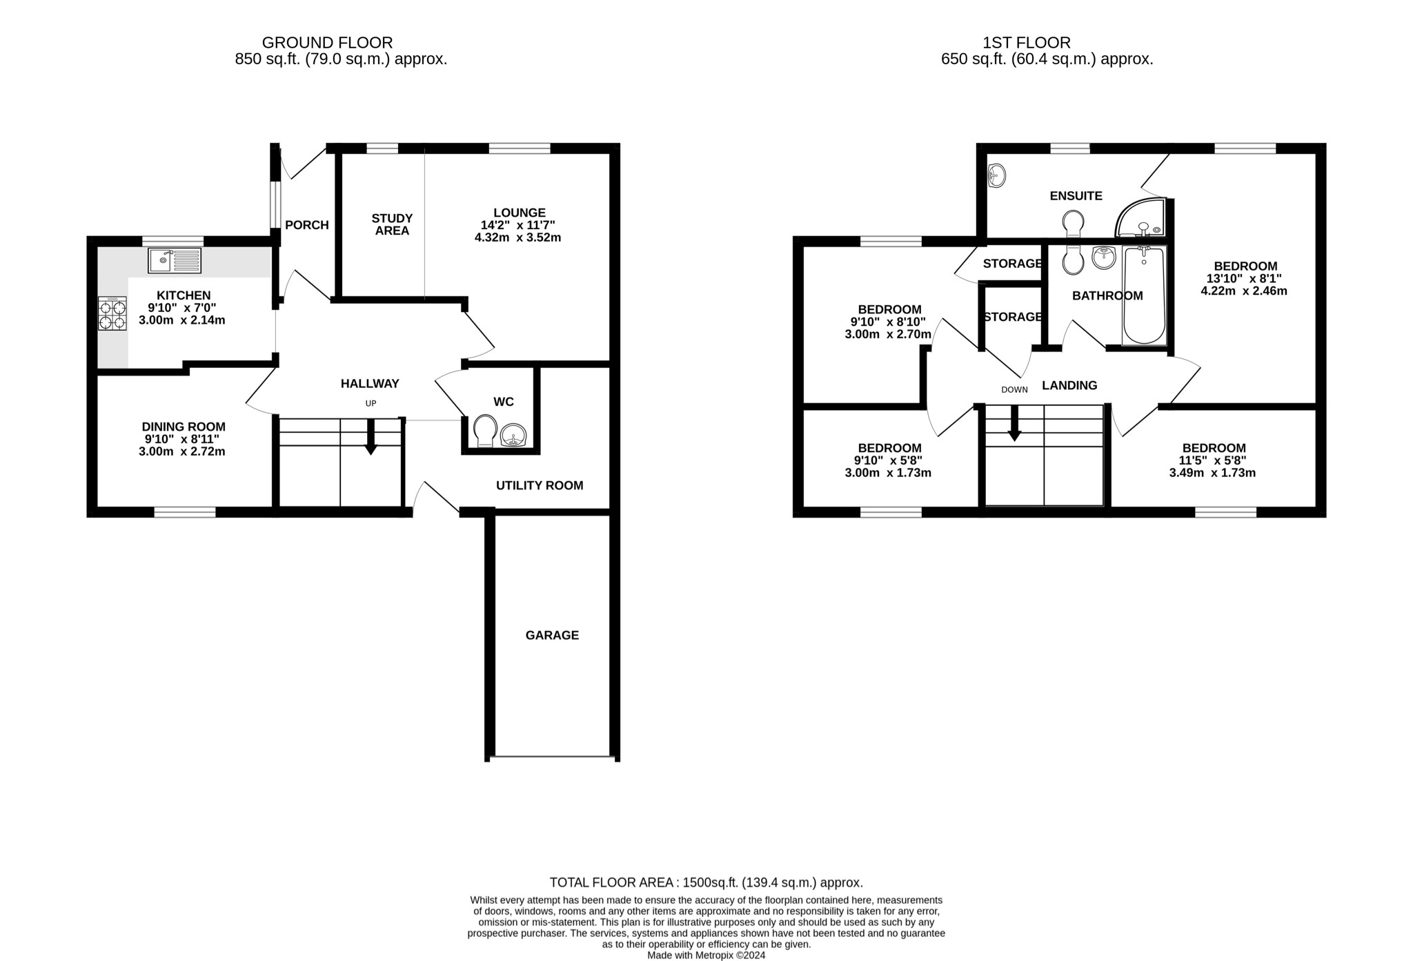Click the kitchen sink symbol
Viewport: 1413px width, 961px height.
[175, 260]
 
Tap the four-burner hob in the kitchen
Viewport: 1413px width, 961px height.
[112, 313]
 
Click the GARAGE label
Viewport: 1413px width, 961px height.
[552, 635]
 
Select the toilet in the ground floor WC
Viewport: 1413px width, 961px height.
[485, 431]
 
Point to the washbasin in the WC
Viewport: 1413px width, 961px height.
[514, 435]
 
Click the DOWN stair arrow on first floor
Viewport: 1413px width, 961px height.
[1014, 423]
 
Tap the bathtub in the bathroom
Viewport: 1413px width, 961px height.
[1144, 295]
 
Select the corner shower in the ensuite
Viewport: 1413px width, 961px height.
[1142, 220]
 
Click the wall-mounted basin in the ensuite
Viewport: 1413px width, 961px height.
[996, 175]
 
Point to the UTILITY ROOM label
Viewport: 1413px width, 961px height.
[540, 485]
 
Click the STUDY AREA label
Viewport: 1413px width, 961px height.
[392, 224]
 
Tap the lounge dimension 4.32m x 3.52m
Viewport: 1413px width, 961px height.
[517, 237]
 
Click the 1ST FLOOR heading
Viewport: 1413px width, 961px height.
[1027, 43]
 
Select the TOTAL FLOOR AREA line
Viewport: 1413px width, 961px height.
[706, 882]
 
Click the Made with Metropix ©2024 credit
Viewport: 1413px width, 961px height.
[706, 955]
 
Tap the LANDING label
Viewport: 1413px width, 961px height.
[1069, 385]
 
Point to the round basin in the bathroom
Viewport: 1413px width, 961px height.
[1104, 258]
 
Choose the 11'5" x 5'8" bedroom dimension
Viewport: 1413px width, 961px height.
[1214, 460]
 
